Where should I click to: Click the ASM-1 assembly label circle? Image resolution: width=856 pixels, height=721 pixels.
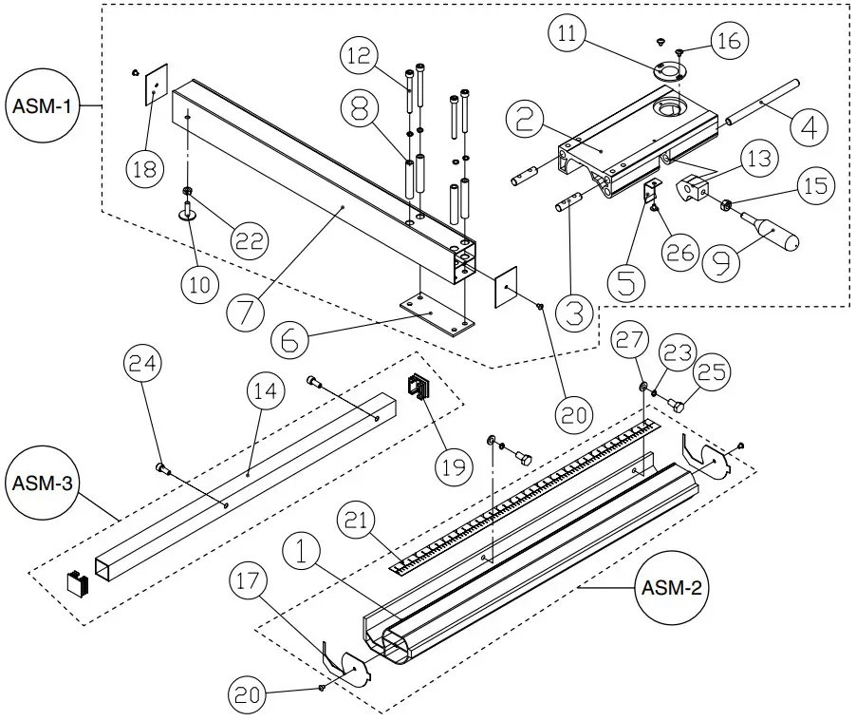tap(42, 106)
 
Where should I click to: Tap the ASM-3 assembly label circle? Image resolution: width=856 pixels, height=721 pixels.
tap(42, 484)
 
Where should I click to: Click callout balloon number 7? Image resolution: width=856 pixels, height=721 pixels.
tap(247, 311)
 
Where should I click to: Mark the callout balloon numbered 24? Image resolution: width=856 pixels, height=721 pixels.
tap(145, 364)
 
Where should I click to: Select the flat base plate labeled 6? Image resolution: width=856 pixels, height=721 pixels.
tap(437, 312)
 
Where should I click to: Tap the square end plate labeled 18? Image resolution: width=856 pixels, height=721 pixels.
tap(155, 88)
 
